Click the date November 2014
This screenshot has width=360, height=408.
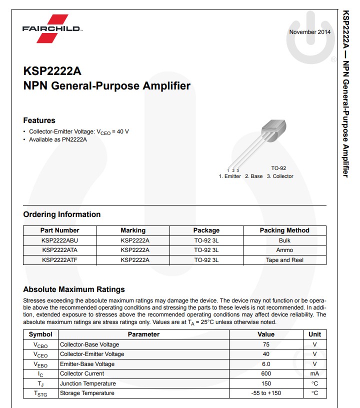[309, 32]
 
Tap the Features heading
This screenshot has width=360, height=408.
[39, 120]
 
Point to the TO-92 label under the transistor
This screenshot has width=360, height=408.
[278, 168]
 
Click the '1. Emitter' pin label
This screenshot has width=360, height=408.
[230, 176]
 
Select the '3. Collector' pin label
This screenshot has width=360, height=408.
[280, 176]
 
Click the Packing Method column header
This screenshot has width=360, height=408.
[284, 230]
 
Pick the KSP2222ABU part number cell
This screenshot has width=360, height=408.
[60, 240]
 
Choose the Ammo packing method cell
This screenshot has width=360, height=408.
[284, 250]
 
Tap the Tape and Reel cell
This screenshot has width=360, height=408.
[284, 260]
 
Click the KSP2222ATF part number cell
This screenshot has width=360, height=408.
[60, 260]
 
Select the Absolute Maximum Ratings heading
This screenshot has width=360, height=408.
[74, 289]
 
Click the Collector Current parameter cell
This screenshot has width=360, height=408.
[82, 373]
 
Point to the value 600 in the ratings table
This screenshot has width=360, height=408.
[266, 373]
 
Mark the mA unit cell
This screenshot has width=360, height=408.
[314, 373]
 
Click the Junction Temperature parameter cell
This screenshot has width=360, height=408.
[87, 383]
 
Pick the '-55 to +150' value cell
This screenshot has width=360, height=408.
[266, 393]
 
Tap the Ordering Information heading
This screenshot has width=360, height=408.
[62, 214]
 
